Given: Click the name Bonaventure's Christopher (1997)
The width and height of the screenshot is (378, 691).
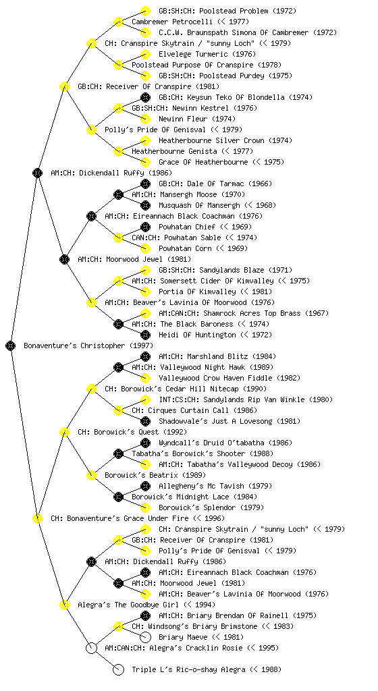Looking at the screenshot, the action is coord(88,346).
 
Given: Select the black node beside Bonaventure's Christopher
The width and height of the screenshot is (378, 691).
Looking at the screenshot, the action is coord(11,346).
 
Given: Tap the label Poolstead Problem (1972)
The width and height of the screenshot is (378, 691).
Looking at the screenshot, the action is coord(227,11).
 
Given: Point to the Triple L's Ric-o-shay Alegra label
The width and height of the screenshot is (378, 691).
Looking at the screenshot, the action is coord(207,670).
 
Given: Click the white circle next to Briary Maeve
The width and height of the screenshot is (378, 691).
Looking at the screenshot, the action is coord(145,637).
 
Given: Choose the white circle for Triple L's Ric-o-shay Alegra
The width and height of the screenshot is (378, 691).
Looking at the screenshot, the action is coord(118,670).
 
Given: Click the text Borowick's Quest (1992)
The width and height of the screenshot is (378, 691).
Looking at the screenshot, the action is coord(132,433).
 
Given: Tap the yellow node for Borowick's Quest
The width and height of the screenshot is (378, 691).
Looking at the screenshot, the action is coord(64,433).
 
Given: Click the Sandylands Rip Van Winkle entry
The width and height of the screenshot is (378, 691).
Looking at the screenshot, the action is coord(246,399).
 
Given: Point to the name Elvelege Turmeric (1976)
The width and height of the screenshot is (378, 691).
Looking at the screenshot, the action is coord(207,54).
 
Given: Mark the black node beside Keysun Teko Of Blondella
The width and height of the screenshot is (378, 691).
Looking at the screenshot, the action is coord(145,97).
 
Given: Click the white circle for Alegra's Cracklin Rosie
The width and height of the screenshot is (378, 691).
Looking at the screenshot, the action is coord(91,648).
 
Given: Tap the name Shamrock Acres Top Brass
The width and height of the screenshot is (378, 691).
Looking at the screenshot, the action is coord(244,313).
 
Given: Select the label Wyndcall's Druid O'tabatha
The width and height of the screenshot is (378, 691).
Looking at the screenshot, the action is coord(225,443).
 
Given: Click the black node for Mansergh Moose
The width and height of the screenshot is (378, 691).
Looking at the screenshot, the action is coord(118,194).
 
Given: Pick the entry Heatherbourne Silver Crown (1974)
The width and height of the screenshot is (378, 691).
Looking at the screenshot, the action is coord(225,140).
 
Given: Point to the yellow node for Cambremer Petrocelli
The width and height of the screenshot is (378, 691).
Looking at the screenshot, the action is coord(118,22).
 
